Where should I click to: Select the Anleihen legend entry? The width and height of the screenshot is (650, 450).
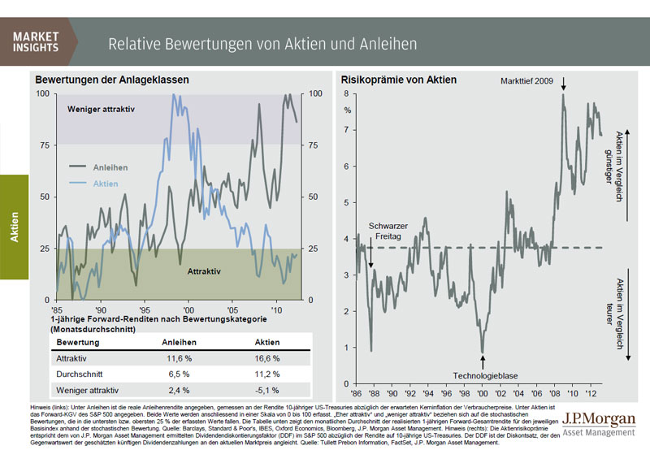[x=109, y=167]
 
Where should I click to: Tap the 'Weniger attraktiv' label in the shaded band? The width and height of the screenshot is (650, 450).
[x=100, y=109]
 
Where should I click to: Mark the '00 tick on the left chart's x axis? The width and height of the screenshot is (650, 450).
[x=188, y=310]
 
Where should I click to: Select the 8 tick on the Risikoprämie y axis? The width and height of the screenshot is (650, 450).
[x=345, y=94]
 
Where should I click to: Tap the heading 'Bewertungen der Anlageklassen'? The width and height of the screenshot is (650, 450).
[x=111, y=80]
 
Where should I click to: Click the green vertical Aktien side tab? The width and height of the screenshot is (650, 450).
[x=14, y=227]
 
